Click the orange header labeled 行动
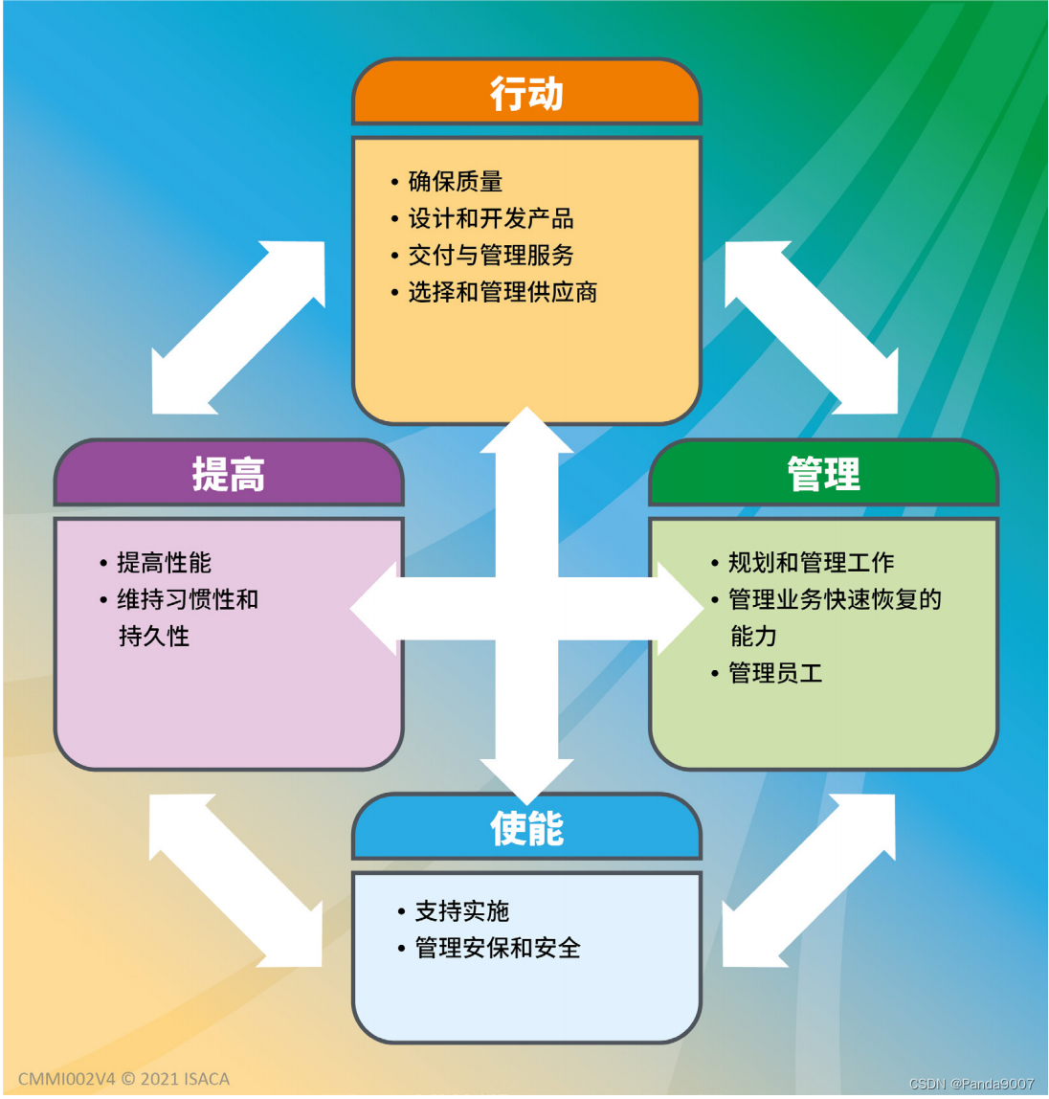(x=526, y=94)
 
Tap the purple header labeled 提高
(x=229, y=474)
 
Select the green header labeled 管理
(x=823, y=474)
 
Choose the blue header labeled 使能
(x=526, y=828)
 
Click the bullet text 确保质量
(x=455, y=181)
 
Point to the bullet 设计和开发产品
(x=490, y=218)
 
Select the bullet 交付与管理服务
(x=490, y=256)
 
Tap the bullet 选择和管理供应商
(x=502, y=292)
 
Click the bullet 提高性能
(x=164, y=562)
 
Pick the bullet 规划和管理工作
(x=811, y=562)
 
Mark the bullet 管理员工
(x=775, y=673)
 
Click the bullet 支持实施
(x=461, y=910)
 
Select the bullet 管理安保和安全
(x=497, y=948)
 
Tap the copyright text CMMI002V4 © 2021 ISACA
(x=123, y=1079)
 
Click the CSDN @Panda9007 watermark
(x=971, y=1084)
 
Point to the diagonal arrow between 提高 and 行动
(x=238, y=327)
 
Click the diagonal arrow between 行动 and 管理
(x=812, y=327)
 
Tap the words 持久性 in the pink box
(x=154, y=636)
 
